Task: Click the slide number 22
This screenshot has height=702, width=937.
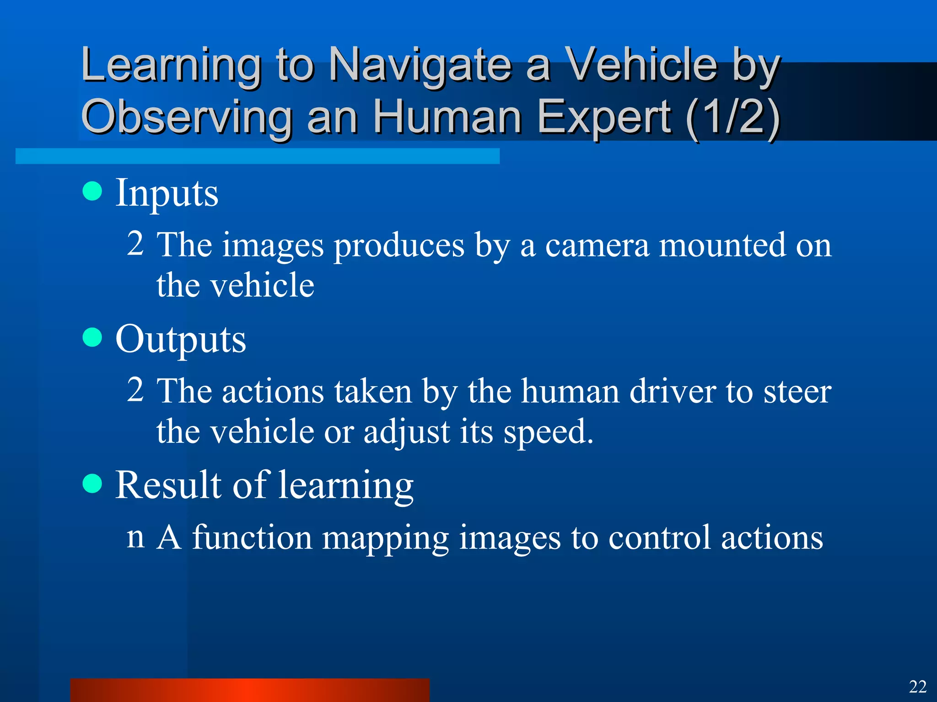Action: [917, 686]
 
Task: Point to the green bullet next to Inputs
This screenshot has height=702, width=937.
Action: [92, 191]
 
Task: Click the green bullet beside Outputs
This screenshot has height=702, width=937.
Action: [92, 337]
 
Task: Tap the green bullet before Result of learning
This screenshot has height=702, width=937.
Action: [92, 484]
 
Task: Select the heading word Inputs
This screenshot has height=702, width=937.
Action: [167, 193]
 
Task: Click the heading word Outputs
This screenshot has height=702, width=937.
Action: [181, 340]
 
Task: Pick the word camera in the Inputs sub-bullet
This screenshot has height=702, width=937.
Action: [597, 245]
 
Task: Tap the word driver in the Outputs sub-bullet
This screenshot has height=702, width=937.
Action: [673, 392]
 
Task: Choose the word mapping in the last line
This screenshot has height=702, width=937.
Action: [385, 538]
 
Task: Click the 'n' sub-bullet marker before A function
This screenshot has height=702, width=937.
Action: [135, 537]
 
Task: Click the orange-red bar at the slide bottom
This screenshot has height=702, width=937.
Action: [249, 690]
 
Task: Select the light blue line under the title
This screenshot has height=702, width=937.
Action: [257, 156]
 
